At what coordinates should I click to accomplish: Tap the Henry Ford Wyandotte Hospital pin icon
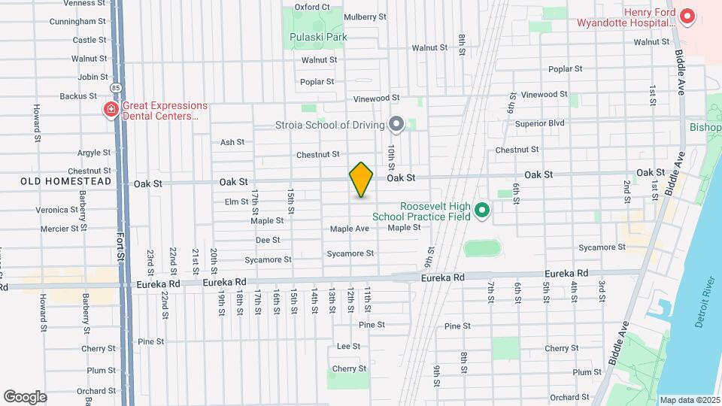687,16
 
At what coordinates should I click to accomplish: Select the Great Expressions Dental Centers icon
111,111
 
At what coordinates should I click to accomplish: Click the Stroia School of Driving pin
396,124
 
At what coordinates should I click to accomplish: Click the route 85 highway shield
116,88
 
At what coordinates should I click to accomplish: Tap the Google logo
25,396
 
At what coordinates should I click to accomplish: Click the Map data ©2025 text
689,400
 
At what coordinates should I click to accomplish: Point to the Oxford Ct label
312,7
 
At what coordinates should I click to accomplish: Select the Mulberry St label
364,17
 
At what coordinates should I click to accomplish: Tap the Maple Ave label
350,229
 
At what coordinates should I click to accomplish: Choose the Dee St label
268,240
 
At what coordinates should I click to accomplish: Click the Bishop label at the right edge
705,127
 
